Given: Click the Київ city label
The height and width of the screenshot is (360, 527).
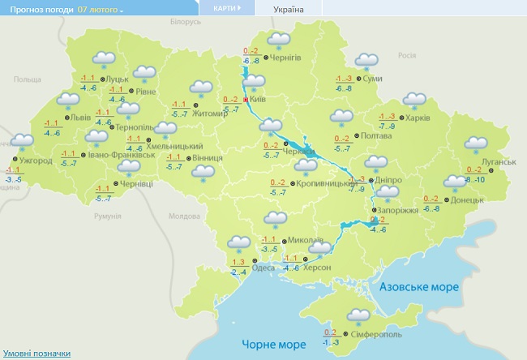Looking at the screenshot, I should pos(259,99).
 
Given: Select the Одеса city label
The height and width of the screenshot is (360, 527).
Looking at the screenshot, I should pos(263,268).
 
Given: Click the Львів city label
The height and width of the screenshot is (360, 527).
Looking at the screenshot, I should pos(81,117).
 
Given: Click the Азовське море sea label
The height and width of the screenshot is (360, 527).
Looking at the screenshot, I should pos(420,287).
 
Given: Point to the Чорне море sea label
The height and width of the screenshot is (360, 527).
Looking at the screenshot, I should pos(269,345).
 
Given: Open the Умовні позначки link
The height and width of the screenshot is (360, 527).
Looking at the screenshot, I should pos(36,354).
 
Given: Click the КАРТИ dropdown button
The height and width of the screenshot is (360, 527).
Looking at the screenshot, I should pos(227,8).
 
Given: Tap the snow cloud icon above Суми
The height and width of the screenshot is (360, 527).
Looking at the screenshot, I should pos(366,62).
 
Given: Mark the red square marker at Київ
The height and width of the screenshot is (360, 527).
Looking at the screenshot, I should pos(246,101).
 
